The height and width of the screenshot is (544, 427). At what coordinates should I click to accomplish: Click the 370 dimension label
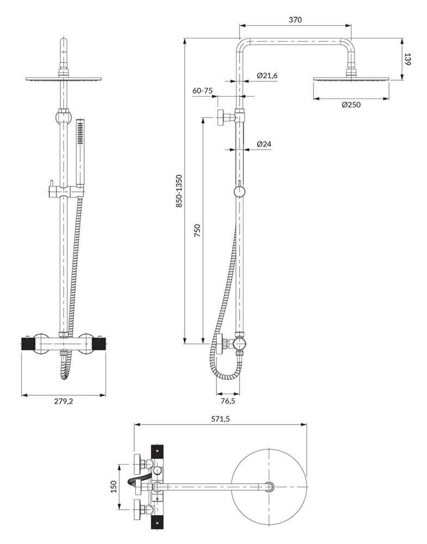[x=295, y=20]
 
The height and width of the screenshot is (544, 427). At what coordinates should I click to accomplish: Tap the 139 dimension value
[x=408, y=59]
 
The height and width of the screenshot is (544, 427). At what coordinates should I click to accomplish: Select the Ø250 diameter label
[x=351, y=104]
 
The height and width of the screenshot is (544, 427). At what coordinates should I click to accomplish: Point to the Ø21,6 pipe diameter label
[x=267, y=76]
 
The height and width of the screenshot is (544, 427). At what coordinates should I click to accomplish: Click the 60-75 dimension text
[x=202, y=91]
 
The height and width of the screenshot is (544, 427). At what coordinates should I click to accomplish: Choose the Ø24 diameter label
[x=264, y=144]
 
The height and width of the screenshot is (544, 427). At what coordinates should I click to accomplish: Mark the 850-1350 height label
[x=179, y=191]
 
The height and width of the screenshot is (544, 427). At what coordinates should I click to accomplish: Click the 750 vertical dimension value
[x=197, y=230]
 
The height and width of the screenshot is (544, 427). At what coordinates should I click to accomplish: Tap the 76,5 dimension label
[x=228, y=401]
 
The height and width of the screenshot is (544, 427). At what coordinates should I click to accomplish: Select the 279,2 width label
[x=64, y=401]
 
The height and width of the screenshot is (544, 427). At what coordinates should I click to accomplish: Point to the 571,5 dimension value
[x=221, y=419]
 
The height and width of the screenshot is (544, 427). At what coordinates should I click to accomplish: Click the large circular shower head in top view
[x=269, y=486]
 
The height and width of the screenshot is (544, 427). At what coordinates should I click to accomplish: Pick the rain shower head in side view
[x=352, y=79]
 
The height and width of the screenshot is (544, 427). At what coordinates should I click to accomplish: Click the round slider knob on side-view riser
[x=240, y=191]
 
